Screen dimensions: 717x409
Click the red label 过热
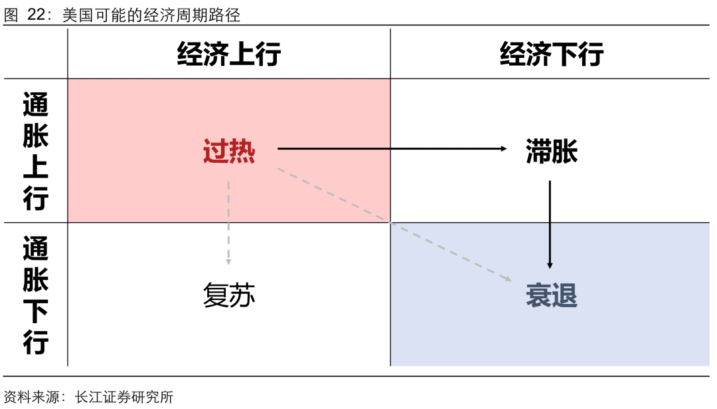(229, 152)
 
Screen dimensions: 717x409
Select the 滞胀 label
(551, 152)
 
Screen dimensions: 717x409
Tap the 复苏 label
(229, 295)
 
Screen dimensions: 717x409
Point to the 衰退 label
(551, 295)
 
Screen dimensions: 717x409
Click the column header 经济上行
(229, 54)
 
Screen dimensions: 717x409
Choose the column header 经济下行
(551, 54)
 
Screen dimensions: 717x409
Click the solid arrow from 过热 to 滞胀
(392, 148)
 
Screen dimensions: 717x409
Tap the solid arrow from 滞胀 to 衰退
(550, 223)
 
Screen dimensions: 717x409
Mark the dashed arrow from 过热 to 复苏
(228, 223)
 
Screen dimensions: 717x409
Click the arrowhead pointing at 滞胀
(503, 148)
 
